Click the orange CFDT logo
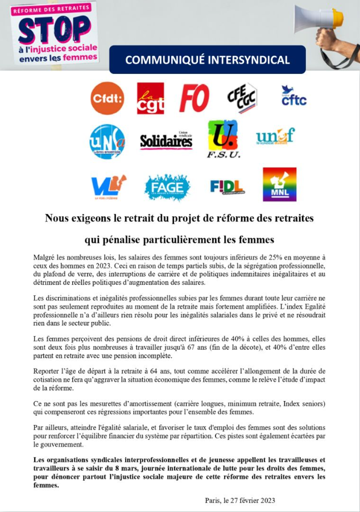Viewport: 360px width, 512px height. pyautogui.click(x=107, y=98)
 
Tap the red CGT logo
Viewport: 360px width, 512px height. pyautogui.click(x=150, y=98)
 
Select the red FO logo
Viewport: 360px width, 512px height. pyautogui.click(x=194, y=98)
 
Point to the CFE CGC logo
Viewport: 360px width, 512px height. pyautogui.click(x=242, y=97)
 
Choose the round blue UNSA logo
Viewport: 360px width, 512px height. pyautogui.click(x=107, y=142)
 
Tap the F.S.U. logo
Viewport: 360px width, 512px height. pyautogui.click(x=223, y=139)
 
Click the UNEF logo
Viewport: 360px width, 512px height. pyautogui.click(x=275, y=137)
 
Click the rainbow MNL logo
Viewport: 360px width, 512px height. pyautogui.click(x=279, y=184)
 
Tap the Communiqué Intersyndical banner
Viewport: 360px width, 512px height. pyautogui.click(x=207, y=60)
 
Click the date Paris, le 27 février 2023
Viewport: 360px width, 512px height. pyautogui.click(x=240, y=500)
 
